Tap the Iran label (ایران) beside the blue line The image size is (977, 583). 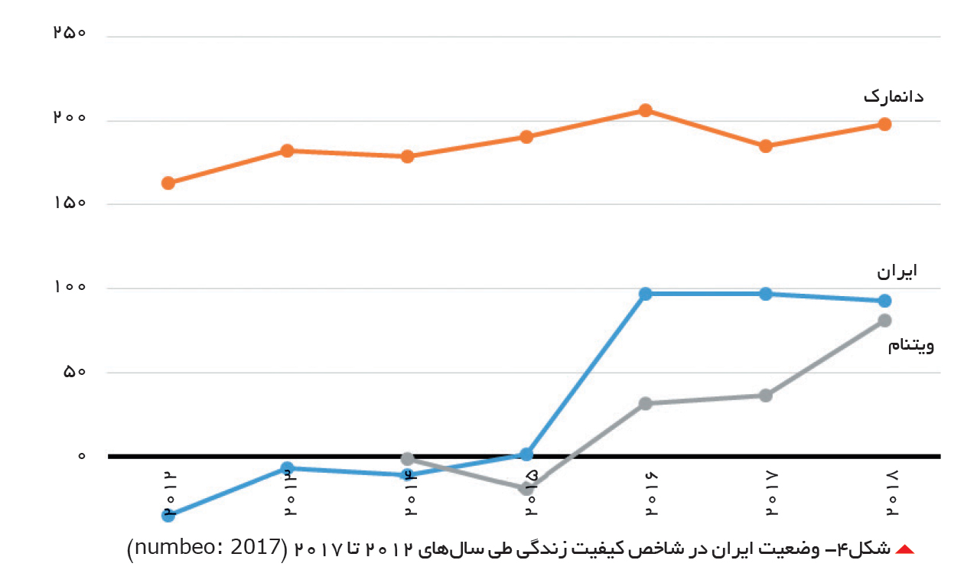[x=897, y=271]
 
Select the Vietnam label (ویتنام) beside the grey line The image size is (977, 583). [x=911, y=345]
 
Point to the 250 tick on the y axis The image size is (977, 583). [x=70, y=32]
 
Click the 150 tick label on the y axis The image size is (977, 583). [x=70, y=203]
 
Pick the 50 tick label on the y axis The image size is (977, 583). [x=74, y=372]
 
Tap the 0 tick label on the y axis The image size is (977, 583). [x=82, y=456]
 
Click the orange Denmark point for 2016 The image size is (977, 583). [x=646, y=110]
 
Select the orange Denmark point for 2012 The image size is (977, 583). [x=168, y=183]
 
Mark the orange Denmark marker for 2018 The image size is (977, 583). [x=884, y=124]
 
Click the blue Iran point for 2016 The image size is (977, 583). [x=646, y=294]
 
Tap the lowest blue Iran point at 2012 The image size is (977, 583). [x=168, y=516]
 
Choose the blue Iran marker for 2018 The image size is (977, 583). [x=884, y=301]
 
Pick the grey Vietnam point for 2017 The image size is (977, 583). [x=766, y=396]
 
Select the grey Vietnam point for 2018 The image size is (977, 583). [x=884, y=321]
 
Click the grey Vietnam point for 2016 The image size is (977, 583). [x=646, y=404]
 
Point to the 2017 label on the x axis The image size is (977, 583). [x=771, y=493]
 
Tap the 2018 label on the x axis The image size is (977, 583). [x=891, y=493]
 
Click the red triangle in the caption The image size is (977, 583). [x=904, y=549]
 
